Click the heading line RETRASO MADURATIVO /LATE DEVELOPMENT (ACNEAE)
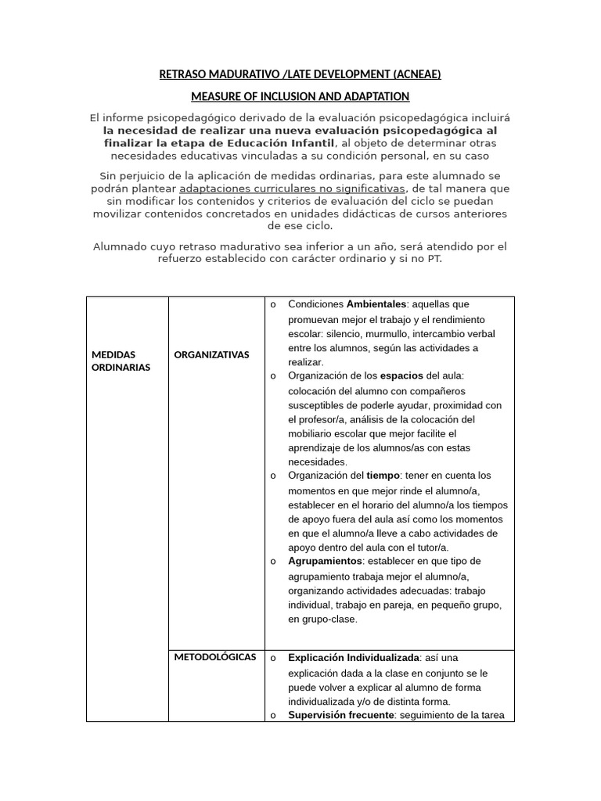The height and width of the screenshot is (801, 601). click(300, 75)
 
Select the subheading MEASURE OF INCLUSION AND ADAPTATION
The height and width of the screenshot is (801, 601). click(300, 96)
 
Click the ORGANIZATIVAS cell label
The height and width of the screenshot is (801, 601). click(211, 354)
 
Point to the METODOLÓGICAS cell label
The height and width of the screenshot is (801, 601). click(215, 657)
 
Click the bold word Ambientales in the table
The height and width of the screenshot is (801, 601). click(376, 304)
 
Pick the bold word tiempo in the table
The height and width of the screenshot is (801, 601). click(383, 476)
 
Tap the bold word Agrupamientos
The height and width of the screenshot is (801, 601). click(325, 562)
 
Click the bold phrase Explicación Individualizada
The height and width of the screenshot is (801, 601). click(354, 658)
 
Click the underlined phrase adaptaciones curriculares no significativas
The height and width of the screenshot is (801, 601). click(292, 189)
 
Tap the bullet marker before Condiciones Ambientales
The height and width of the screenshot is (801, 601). click(272, 304)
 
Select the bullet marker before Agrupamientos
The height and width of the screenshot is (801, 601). click(272, 562)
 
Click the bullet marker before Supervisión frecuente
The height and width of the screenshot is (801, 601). click(272, 715)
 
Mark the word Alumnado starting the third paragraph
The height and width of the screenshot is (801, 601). click(120, 246)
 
